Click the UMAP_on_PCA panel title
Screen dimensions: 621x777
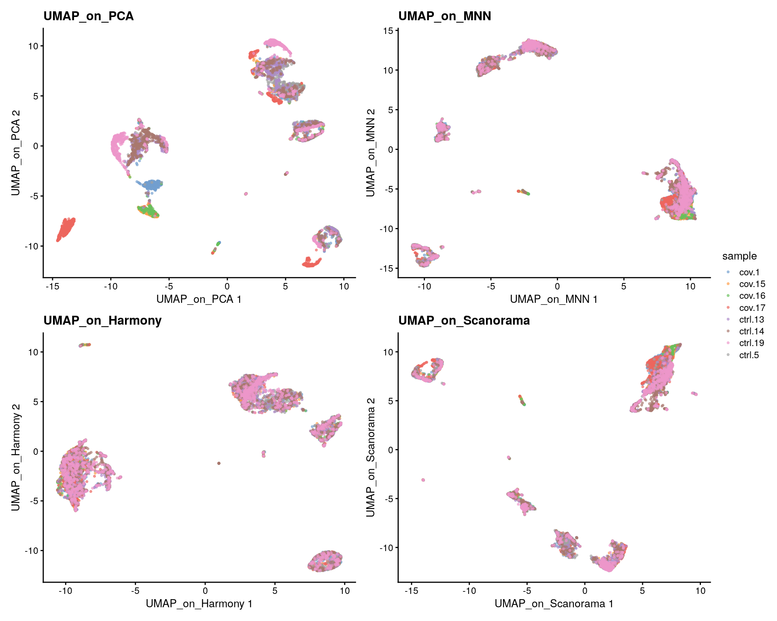click(x=88, y=16)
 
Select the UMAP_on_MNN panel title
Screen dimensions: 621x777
click(x=444, y=16)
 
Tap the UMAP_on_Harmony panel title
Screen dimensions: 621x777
click(x=102, y=321)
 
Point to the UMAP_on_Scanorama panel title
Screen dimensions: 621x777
click(x=464, y=321)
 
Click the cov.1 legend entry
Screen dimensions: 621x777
click(x=749, y=272)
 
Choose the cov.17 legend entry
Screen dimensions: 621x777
click(x=752, y=308)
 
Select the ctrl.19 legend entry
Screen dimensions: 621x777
click(x=752, y=343)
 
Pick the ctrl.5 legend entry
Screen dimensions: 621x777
click(x=749, y=355)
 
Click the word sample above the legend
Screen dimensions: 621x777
click(x=739, y=256)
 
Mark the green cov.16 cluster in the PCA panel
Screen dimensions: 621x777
click(x=148, y=211)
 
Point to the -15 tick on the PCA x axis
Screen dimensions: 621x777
click(x=52, y=287)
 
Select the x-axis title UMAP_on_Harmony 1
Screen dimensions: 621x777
click(x=199, y=604)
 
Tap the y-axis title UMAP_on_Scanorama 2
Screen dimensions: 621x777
click(x=370, y=457)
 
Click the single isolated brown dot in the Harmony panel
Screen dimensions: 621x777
click(x=219, y=463)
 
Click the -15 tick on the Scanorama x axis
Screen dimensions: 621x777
click(x=411, y=591)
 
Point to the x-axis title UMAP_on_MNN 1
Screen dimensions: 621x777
click(x=554, y=299)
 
